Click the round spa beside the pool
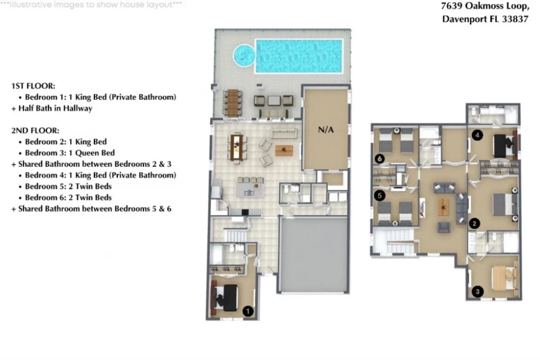click(244, 55)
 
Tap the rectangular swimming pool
click(299, 56)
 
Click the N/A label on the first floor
click(326, 130)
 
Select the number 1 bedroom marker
click(248, 311)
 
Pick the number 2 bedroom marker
click(475, 223)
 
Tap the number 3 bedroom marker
click(477, 291)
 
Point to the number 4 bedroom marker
click(477, 135)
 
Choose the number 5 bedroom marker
click(380, 195)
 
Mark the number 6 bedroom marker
click(380, 159)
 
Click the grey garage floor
click(313, 255)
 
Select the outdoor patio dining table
click(233, 101)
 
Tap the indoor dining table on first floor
click(237, 147)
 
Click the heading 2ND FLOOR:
click(35, 131)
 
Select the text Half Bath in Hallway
click(55, 108)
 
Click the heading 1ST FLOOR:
click(33, 86)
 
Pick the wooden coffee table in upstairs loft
click(443, 207)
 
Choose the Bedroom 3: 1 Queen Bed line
click(70, 153)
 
